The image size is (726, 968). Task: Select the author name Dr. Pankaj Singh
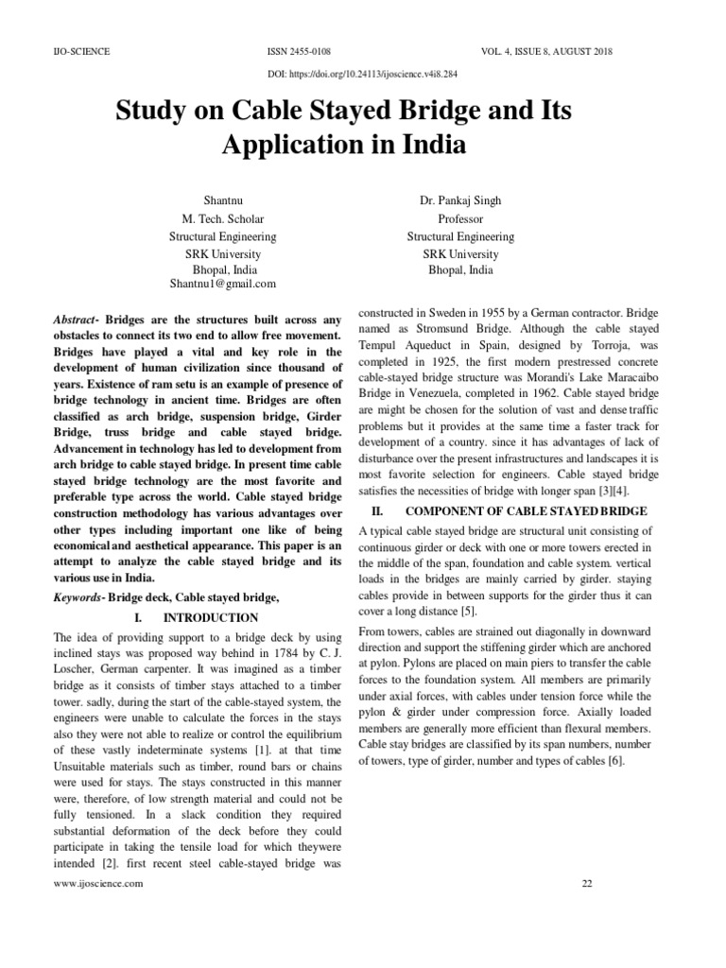[x=460, y=202]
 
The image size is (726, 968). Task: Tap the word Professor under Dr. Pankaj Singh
[x=460, y=219]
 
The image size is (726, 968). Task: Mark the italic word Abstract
[x=77, y=320]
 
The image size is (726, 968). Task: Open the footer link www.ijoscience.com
[x=98, y=883]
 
